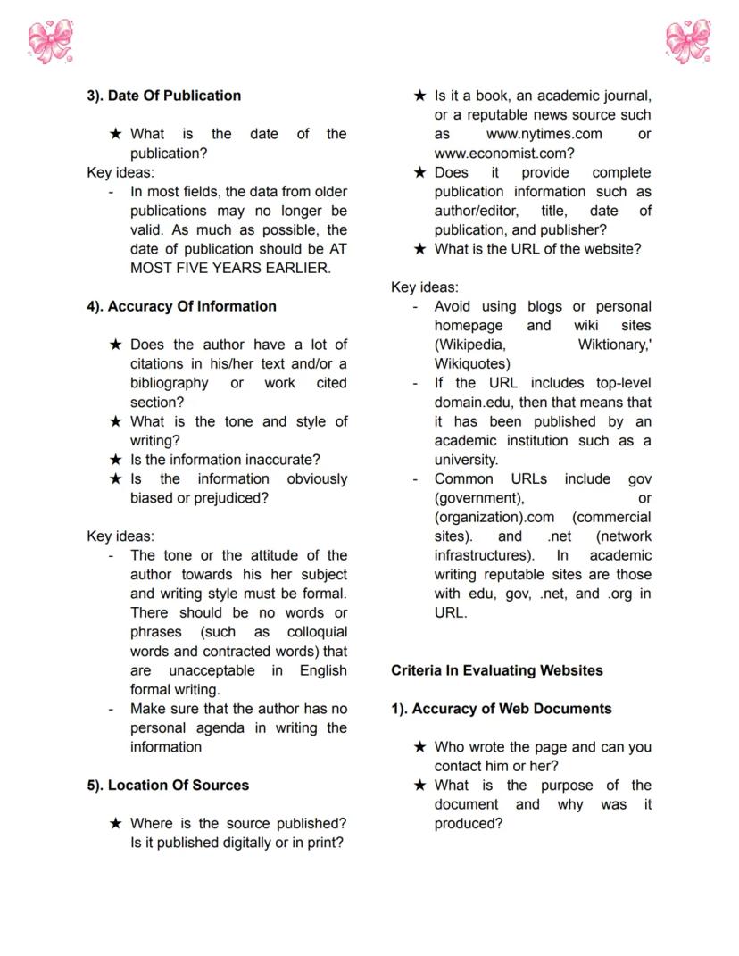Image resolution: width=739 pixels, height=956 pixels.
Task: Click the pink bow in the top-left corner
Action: [50, 41]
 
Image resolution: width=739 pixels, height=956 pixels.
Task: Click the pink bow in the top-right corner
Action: [688, 41]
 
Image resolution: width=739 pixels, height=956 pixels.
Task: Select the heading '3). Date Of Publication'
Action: [163, 96]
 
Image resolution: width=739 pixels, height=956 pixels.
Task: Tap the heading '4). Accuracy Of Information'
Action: [181, 306]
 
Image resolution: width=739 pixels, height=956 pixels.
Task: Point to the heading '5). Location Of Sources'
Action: [168, 786]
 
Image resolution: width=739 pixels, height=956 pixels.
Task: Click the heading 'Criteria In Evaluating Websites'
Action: [496, 670]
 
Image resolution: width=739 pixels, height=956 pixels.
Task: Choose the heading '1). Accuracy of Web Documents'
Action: [501, 709]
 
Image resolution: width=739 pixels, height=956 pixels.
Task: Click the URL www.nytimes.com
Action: [544, 134]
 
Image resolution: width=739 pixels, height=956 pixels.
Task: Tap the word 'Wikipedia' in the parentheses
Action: [471, 345]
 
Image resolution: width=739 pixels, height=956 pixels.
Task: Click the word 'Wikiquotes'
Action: [472, 364]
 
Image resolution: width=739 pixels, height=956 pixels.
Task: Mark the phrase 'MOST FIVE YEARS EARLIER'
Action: [229, 268]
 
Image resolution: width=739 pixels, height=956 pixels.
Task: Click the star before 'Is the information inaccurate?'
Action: [115, 461]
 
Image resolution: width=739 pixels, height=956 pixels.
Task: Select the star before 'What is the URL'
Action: [419, 250]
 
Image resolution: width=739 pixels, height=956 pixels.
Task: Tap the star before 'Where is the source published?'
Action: [115, 824]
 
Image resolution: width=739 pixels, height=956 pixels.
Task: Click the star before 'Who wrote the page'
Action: [419, 747]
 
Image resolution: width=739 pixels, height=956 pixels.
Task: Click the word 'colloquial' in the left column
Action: [317, 632]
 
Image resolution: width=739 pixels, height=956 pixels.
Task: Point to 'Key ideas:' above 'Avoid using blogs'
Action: [425, 287]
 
